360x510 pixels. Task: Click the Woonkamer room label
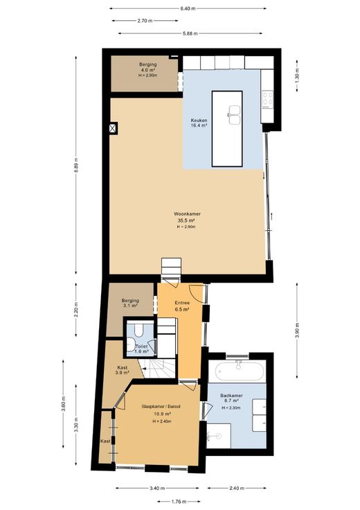187,213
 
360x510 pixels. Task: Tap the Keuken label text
199,121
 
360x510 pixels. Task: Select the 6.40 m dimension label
188,9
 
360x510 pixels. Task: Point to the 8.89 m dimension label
76,166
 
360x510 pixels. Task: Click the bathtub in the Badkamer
240,371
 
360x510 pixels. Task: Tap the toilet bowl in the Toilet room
139,330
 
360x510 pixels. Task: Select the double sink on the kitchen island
234,115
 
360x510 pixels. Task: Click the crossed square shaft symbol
113,128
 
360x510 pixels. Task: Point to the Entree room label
182,303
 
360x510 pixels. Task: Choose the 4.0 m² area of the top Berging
148,70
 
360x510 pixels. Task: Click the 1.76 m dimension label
179,502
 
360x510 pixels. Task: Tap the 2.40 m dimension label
237,488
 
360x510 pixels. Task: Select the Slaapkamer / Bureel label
161,407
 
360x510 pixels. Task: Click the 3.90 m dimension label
297,331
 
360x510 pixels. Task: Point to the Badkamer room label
231,396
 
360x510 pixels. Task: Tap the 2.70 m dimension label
145,21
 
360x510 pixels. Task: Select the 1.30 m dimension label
296,76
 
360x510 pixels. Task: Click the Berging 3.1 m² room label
130,303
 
